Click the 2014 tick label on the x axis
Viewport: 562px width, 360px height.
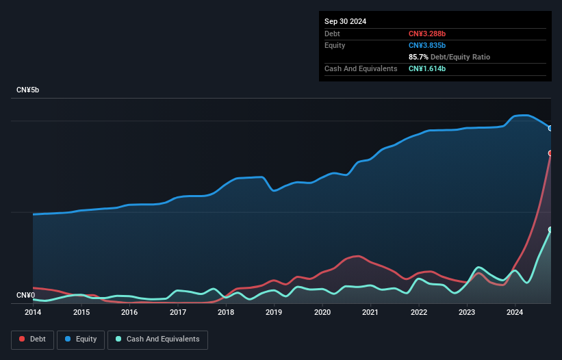tap(33, 312)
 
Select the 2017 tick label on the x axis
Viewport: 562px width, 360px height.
tap(178, 312)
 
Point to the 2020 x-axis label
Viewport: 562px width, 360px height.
tap(322, 312)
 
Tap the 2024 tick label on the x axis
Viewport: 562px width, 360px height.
tap(515, 312)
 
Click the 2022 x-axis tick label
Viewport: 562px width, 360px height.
tap(419, 312)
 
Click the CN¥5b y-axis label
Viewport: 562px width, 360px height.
tap(29, 90)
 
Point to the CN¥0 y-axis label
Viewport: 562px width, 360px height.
tap(27, 295)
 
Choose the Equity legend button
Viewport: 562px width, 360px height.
tap(81, 339)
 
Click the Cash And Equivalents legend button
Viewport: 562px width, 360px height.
tap(157, 339)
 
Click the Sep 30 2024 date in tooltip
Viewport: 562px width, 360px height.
tap(345, 21)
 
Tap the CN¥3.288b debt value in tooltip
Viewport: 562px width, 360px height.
tap(427, 34)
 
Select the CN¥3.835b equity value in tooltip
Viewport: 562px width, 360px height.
tap(427, 45)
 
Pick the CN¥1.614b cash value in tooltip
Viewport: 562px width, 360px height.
tap(427, 68)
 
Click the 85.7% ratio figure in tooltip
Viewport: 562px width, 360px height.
tap(418, 57)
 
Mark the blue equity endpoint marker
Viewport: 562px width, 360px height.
tap(550, 128)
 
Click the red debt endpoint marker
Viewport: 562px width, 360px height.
tap(550, 153)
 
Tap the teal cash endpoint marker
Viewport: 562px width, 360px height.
tap(550, 230)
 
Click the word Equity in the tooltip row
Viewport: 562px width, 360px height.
tap(335, 45)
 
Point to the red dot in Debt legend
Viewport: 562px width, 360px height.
tap(23, 339)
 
